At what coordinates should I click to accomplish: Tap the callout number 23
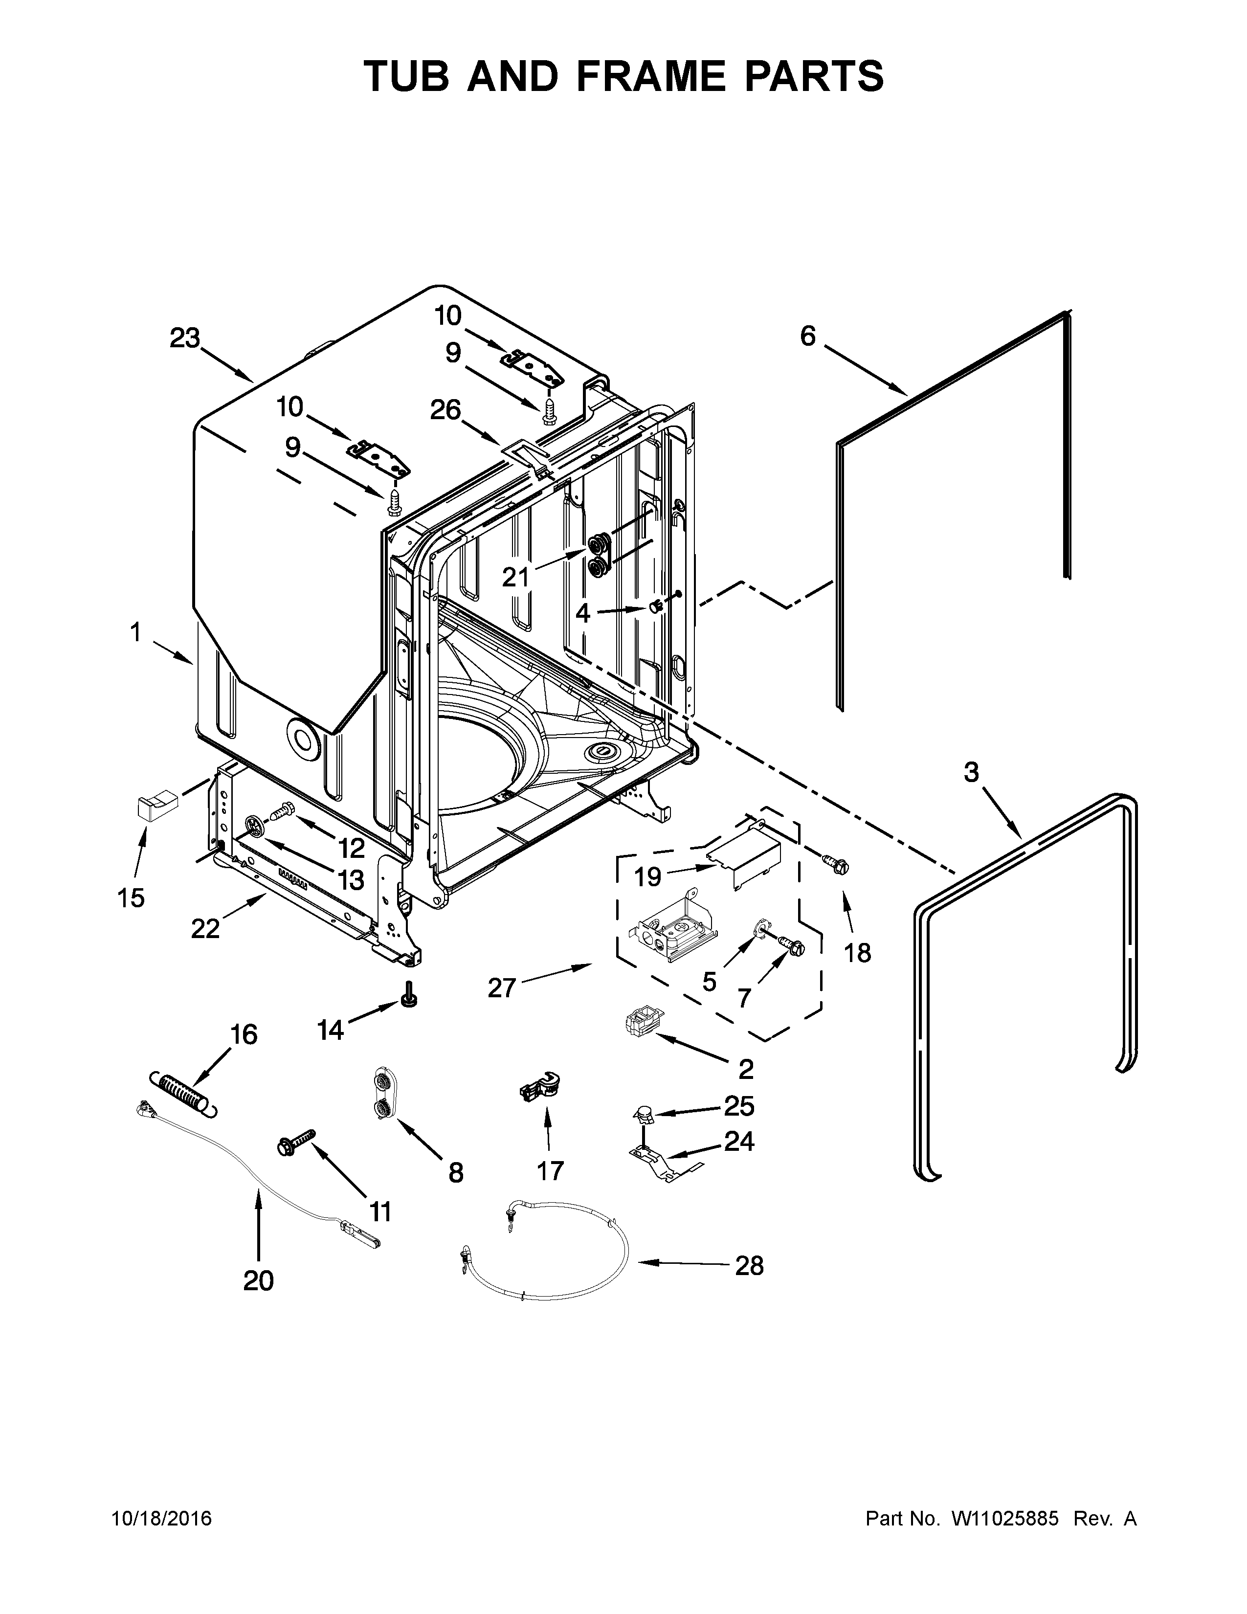[x=185, y=338]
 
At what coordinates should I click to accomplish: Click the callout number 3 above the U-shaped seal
[x=971, y=773]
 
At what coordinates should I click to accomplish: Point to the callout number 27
[x=502, y=987]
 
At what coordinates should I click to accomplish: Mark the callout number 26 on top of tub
[x=445, y=410]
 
